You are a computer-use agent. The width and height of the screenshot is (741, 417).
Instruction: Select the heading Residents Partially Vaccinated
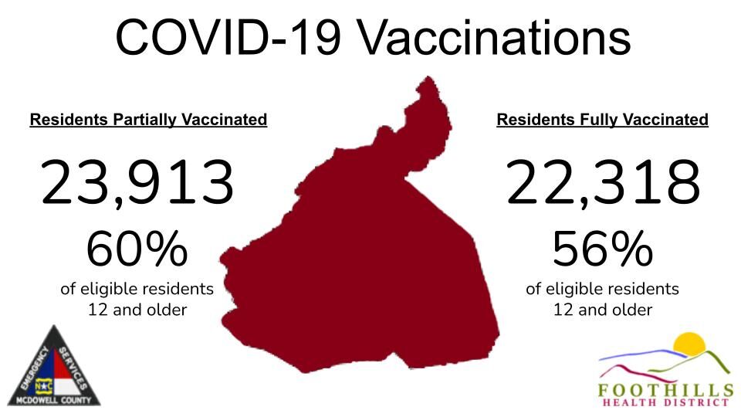pyautogui.click(x=148, y=120)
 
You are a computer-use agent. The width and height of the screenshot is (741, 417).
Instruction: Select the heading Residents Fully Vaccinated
pyautogui.click(x=602, y=120)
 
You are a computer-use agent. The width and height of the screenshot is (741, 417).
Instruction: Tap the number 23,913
pyautogui.click(x=137, y=184)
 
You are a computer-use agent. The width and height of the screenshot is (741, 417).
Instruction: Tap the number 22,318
pyautogui.click(x=603, y=184)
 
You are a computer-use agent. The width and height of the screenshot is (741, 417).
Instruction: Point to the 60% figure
pyautogui.click(x=137, y=249)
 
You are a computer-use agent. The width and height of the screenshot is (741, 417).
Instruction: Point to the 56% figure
pyautogui.click(x=603, y=249)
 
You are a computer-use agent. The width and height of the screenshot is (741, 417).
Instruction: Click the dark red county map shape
pyautogui.click(x=363, y=270)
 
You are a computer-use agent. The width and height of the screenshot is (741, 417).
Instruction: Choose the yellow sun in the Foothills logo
pyautogui.click(x=689, y=345)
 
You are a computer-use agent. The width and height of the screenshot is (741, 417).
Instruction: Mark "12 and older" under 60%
pyautogui.click(x=137, y=310)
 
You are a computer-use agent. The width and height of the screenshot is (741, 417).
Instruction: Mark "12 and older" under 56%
pyautogui.click(x=603, y=310)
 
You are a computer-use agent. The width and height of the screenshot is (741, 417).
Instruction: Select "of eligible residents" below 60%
pyautogui.click(x=137, y=290)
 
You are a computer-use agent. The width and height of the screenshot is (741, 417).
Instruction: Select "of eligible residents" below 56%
pyautogui.click(x=603, y=290)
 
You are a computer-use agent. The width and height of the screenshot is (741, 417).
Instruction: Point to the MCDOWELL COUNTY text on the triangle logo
pyautogui.click(x=53, y=400)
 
